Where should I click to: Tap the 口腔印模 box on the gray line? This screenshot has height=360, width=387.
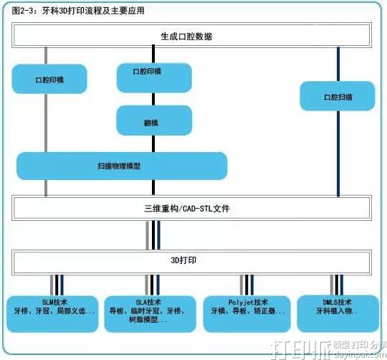[49, 79]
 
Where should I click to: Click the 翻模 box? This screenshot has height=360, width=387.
[153, 120]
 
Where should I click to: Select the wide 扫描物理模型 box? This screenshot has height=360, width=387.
[122, 166]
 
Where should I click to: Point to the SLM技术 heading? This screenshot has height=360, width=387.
[54, 302]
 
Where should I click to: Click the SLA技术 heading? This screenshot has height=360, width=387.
[147, 302]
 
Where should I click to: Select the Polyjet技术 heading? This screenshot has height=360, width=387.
[246, 302]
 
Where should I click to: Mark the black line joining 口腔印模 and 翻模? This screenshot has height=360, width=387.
[153, 99]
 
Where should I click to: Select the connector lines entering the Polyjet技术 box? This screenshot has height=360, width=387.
[246, 284]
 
